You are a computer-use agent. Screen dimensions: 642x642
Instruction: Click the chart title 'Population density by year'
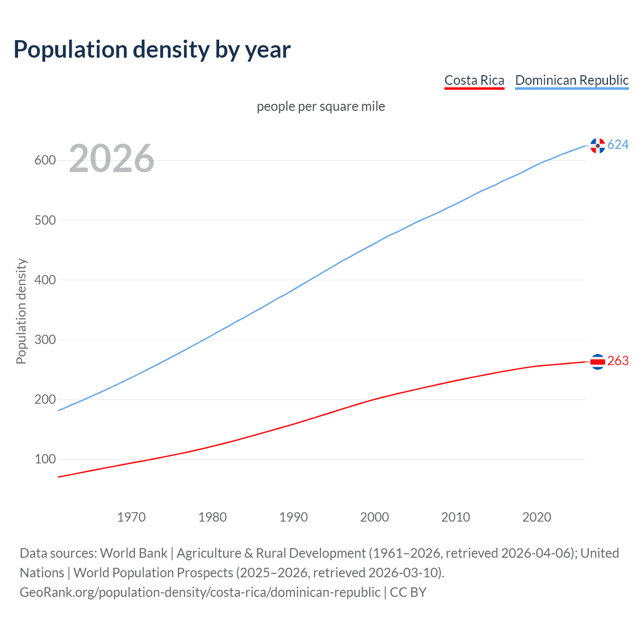152,50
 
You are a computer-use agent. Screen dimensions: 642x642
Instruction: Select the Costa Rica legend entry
474,80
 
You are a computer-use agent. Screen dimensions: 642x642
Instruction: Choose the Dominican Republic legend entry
572,80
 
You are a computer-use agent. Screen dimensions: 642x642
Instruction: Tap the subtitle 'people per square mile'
320,106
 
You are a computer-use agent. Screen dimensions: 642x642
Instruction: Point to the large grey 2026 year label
111,158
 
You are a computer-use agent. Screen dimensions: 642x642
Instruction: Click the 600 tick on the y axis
45,160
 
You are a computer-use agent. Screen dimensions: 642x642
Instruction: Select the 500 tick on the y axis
45,220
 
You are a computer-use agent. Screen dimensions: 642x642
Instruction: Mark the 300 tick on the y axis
45,340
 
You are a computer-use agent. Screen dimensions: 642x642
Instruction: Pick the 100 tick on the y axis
45,459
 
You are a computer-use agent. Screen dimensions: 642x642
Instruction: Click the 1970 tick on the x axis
131,517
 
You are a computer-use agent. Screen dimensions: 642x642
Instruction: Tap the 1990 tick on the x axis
293,517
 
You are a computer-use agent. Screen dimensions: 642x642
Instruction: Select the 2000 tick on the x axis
375,517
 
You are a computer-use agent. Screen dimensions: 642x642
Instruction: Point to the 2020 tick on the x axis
537,517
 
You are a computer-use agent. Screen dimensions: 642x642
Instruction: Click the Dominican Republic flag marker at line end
597,145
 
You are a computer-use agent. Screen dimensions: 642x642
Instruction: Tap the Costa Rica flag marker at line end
597,361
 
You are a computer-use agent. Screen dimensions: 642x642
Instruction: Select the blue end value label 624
618,145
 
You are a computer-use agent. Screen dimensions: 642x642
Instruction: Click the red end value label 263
618,361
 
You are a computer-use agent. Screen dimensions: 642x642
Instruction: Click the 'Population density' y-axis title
21,311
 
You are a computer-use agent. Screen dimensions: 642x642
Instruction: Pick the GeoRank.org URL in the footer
200,592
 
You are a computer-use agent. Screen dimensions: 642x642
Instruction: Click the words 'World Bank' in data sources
133,553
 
